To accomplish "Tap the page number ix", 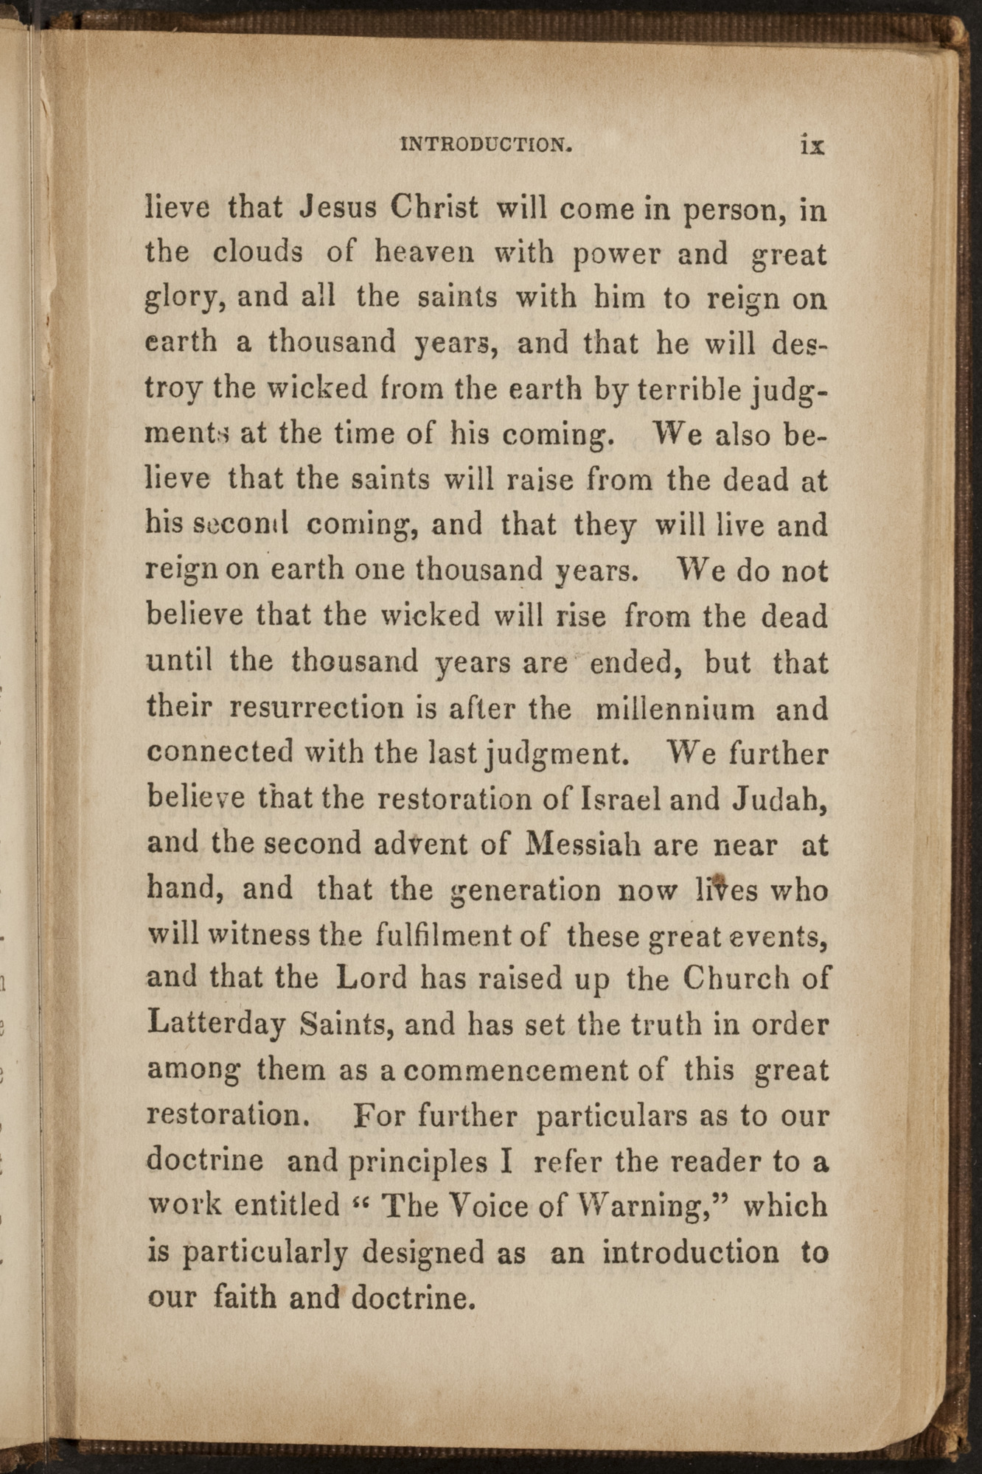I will click(x=812, y=144).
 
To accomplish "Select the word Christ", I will click(x=434, y=208).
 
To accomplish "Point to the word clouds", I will click(x=257, y=253).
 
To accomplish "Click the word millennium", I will click(x=675, y=709).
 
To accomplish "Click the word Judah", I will click(x=780, y=800).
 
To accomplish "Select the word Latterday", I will click(x=216, y=1025).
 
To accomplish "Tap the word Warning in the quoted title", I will click(x=654, y=1206).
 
